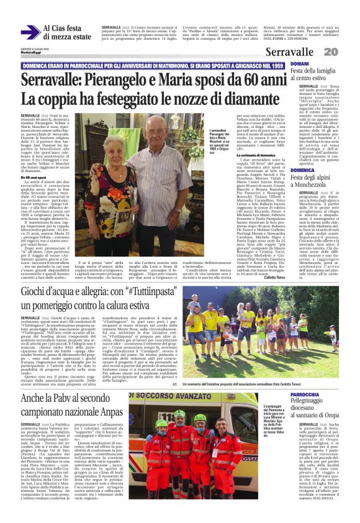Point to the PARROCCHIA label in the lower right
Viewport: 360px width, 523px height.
coord(305,377)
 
